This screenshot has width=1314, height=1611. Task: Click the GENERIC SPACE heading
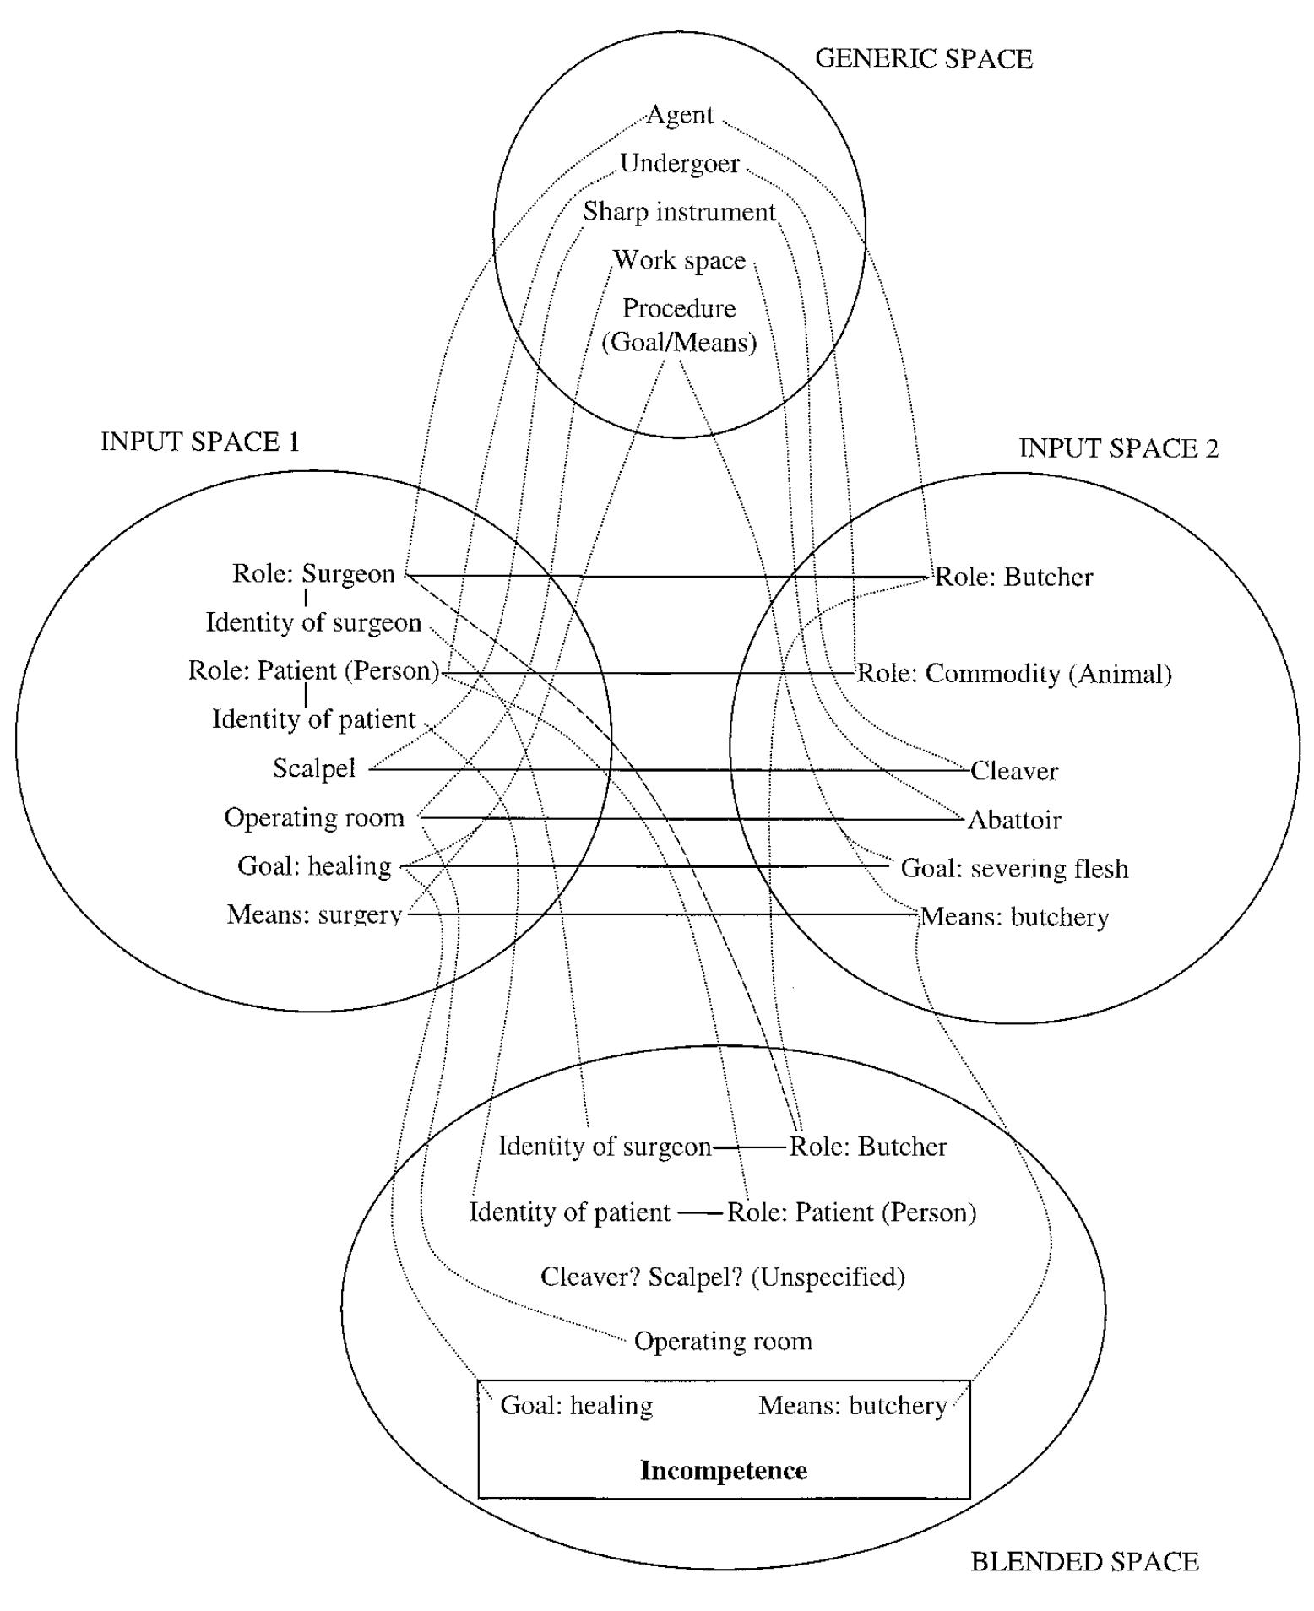coord(923,58)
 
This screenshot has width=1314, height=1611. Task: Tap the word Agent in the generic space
coord(680,115)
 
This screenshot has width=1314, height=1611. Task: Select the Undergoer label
coord(680,163)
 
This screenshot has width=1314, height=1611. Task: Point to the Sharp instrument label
coord(679,212)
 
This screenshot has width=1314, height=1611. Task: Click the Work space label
coord(679,260)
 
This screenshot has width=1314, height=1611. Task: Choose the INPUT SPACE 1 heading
coord(200,442)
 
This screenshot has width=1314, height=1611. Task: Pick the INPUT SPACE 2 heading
coord(1119,447)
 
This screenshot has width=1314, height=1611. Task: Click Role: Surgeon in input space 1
coord(313,574)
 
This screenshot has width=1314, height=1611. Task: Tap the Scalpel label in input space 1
coord(313,768)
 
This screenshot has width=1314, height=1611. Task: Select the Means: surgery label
coord(314,914)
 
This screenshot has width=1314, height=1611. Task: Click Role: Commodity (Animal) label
coord(1014,674)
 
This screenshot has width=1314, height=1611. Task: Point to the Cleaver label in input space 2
coord(1014,771)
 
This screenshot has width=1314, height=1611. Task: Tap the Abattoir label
coord(1014,820)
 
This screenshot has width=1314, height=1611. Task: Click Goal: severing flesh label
coord(1014,869)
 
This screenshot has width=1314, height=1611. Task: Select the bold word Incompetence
coord(724,1470)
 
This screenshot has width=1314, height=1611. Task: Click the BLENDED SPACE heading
coord(1084,1561)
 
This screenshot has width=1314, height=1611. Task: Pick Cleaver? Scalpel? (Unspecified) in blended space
coord(723,1277)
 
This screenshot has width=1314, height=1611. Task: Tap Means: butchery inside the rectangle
coord(852,1405)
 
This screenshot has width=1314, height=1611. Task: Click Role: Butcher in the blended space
coord(868,1147)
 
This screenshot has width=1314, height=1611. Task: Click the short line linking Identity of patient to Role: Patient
coord(700,1213)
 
